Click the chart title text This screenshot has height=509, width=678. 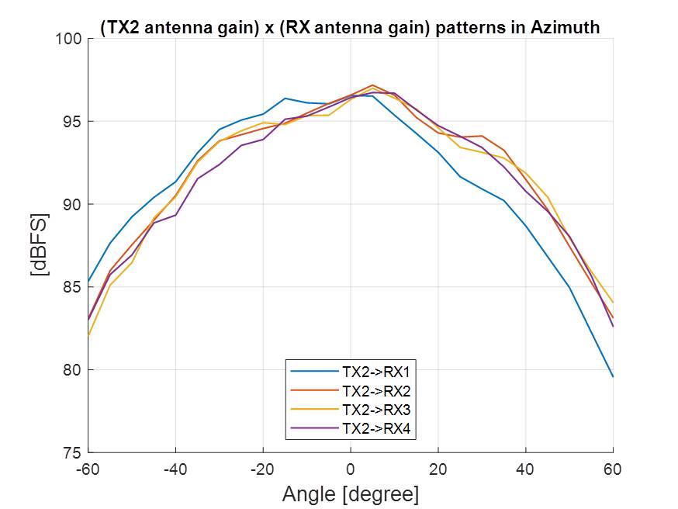(350, 28)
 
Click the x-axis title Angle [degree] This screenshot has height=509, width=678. (350, 493)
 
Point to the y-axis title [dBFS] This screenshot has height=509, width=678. (40, 245)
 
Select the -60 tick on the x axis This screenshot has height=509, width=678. (88, 469)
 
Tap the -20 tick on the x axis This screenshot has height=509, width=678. (263, 469)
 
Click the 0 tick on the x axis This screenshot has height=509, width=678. (351, 469)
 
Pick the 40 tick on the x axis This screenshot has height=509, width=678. (525, 469)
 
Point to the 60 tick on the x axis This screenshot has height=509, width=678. (613, 469)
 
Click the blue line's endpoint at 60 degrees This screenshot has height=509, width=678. (613, 376)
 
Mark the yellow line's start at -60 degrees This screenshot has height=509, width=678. (88, 336)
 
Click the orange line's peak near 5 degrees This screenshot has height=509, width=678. (372, 85)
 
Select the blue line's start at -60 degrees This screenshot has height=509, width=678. (88, 282)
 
